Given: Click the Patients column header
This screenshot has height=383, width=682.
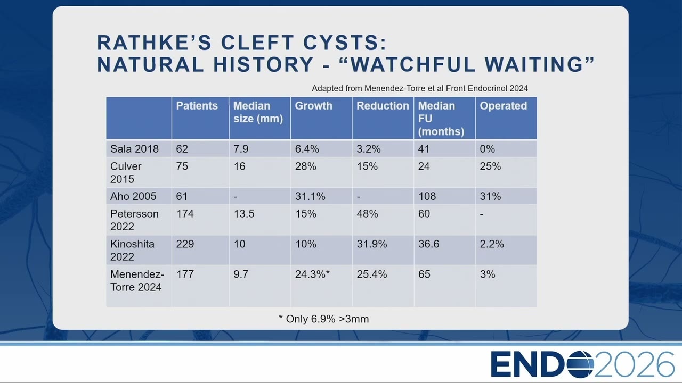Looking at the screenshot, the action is point(197,106).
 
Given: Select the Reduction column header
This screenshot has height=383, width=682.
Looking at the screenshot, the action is point(383,106).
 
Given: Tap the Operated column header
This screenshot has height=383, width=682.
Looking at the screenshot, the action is point(504,106).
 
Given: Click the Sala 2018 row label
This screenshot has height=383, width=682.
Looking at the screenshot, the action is point(134,149).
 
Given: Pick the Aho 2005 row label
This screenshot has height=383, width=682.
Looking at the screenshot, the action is point(133,196).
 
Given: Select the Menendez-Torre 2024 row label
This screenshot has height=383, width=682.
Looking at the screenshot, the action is point(137,280).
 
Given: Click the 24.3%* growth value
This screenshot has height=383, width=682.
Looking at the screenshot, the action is point(312,274).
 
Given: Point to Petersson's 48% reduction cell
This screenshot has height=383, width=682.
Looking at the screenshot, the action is point(367,214).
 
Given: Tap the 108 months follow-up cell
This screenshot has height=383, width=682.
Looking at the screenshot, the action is point(427,196).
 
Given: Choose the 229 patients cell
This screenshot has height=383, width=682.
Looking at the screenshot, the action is point(185,244).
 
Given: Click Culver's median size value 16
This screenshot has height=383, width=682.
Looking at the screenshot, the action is point(239,166).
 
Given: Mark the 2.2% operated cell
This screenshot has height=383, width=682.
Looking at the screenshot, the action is point(492,244).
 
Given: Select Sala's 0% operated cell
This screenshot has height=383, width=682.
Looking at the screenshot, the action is point(487,149).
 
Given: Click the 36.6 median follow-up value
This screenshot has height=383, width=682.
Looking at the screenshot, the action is point(429,244).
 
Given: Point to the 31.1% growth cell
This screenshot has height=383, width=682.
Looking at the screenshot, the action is point(310,196).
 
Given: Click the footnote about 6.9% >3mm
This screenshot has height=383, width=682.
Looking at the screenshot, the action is point(323,319).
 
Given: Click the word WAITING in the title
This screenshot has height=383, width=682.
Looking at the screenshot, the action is point(533,64).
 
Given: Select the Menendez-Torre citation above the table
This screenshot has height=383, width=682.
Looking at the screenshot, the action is point(419,88).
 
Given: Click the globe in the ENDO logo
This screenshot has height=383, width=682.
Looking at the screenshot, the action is point(580,364).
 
